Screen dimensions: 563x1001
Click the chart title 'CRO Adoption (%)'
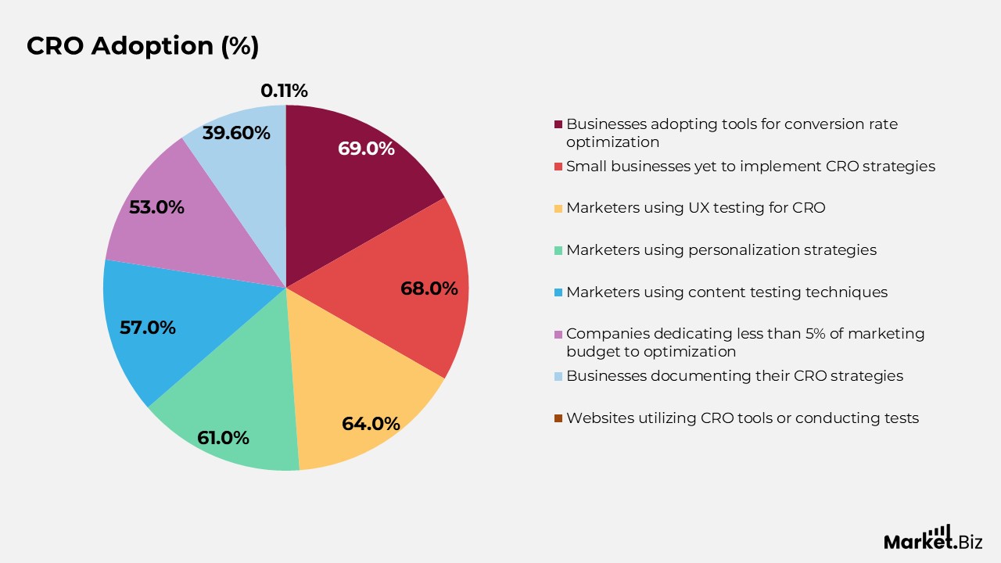[142, 46]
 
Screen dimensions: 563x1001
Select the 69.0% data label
[366, 149]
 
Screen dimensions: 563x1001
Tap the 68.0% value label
[429, 289]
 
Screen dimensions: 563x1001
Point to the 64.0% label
[371, 424]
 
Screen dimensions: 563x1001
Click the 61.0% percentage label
[223, 438]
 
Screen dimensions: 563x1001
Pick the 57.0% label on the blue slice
[148, 328]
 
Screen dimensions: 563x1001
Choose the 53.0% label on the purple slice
[156, 208]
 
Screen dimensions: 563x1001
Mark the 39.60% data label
[236, 133]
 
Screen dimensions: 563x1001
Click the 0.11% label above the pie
[284, 91]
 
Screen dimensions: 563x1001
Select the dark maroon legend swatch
[558, 124]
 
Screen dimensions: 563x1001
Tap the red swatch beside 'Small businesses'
[558, 167]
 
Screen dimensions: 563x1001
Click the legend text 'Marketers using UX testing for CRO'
[695, 208]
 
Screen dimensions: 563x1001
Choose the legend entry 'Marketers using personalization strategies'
[721, 250]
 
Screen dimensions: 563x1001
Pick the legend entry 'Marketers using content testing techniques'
[727, 292]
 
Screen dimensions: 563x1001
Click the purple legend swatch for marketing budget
[558, 335]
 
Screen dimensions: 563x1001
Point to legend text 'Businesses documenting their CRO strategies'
[734, 376]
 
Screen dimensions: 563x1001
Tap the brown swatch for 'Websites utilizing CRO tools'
[558, 418]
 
